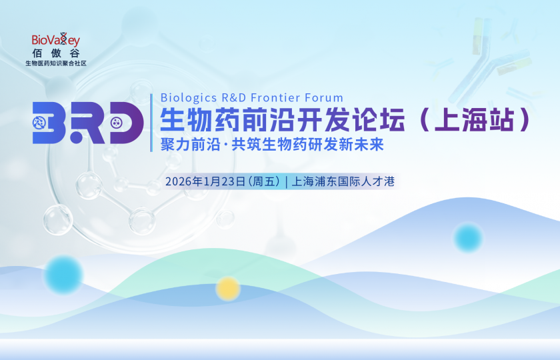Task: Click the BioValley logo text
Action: point(55,41)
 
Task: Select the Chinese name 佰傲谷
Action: point(55,54)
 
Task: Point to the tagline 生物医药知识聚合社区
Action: point(56,64)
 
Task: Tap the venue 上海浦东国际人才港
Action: point(345,181)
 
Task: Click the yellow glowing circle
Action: point(228,288)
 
